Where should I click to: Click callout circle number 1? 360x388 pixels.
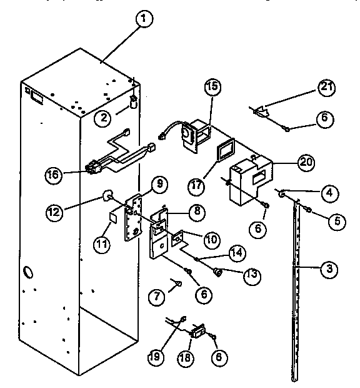(x=143, y=20)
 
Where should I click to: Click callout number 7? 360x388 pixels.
(x=159, y=294)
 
